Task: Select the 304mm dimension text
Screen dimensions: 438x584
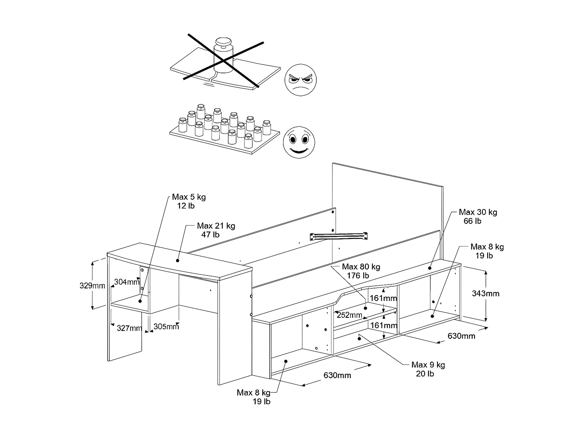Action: pyautogui.click(x=127, y=282)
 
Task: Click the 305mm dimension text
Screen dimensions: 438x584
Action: pyautogui.click(x=166, y=327)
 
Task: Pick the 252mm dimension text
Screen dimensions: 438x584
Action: pyautogui.click(x=349, y=315)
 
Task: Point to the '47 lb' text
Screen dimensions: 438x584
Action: pyautogui.click(x=210, y=234)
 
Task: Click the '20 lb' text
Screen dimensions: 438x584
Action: pyautogui.click(x=425, y=374)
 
